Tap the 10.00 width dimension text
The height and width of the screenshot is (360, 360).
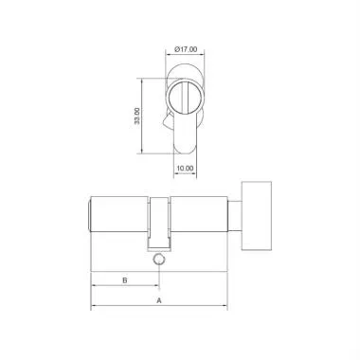tap(185, 169)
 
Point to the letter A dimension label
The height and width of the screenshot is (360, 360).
tap(159, 299)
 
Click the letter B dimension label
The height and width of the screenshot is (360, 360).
tap(125, 280)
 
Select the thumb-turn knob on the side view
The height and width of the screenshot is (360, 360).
tap(256, 215)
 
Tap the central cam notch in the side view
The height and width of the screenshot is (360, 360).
tap(160, 218)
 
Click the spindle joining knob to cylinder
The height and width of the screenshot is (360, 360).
tap(235, 215)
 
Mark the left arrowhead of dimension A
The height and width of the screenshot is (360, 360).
tap(94, 307)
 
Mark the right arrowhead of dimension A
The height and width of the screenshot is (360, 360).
tap(225, 307)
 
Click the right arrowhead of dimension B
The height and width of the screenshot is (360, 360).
tap(157, 288)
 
